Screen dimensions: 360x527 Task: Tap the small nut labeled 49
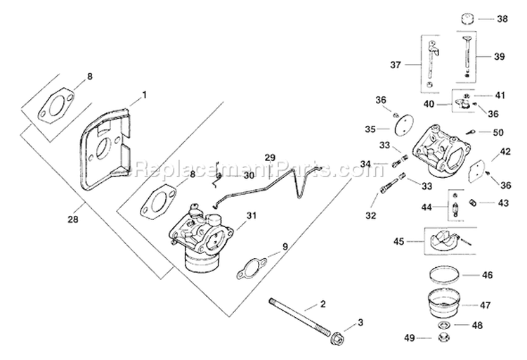444,339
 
